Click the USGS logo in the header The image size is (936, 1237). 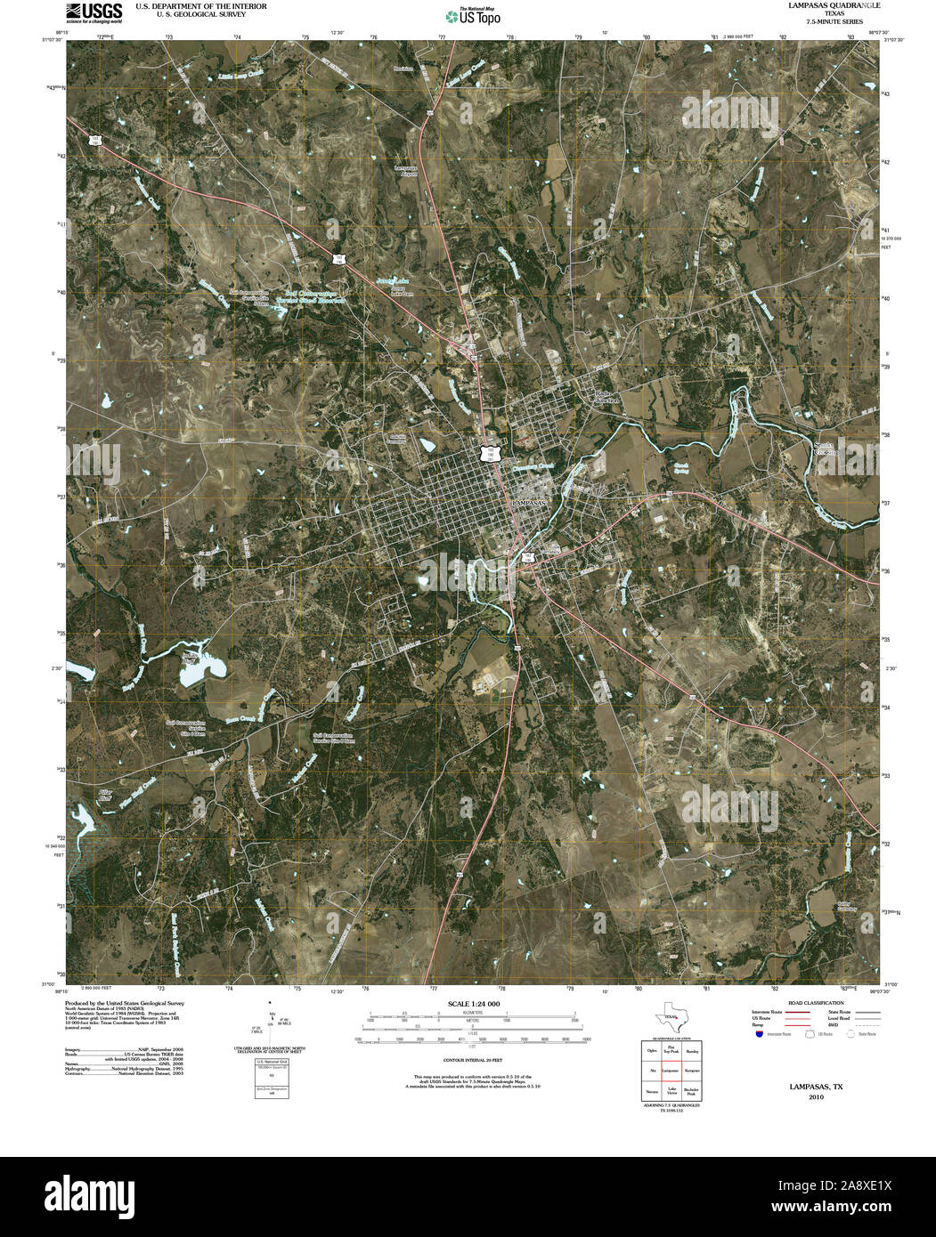pyautogui.click(x=94, y=12)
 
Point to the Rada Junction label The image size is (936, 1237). pyautogui.click(x=605, y=397)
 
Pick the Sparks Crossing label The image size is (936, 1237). pyautogui.click(x=827, y=449)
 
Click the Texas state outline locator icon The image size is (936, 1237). pyautogui.click(x=670, y=1020)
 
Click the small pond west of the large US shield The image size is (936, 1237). pyautogui.click(x=428, y=442)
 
